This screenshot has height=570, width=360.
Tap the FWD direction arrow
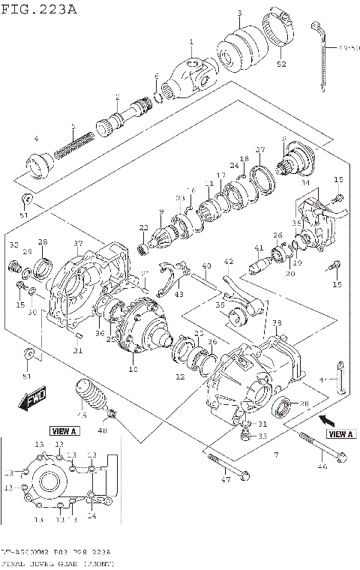point(33,401)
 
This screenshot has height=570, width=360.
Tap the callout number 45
point(82,417)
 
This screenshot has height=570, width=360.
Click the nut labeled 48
point(112,414)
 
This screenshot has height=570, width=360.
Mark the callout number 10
point(133,368)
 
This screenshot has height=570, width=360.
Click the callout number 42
point(229,262)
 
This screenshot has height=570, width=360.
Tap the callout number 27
point(260,149)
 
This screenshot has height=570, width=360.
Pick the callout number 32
point(13,245)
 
